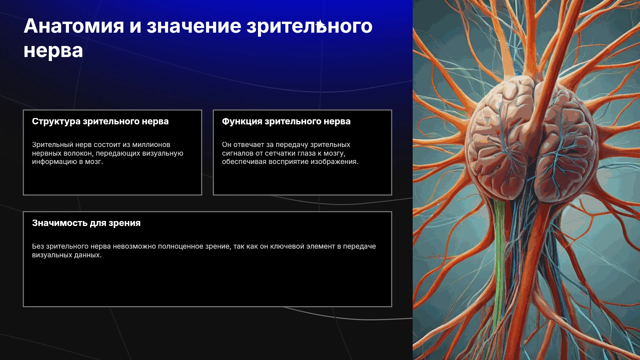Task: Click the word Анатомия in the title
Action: (74, 26)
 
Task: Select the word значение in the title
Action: (194, 26)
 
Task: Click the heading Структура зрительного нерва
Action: (100, 122)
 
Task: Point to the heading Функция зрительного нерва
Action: (286, 122)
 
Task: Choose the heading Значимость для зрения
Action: (86, 223)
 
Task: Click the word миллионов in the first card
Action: (151, 145)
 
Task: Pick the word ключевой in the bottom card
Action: (284, 247)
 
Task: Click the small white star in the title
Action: (320, 24)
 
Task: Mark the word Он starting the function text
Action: (227, 145)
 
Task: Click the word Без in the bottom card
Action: (38, 247)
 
